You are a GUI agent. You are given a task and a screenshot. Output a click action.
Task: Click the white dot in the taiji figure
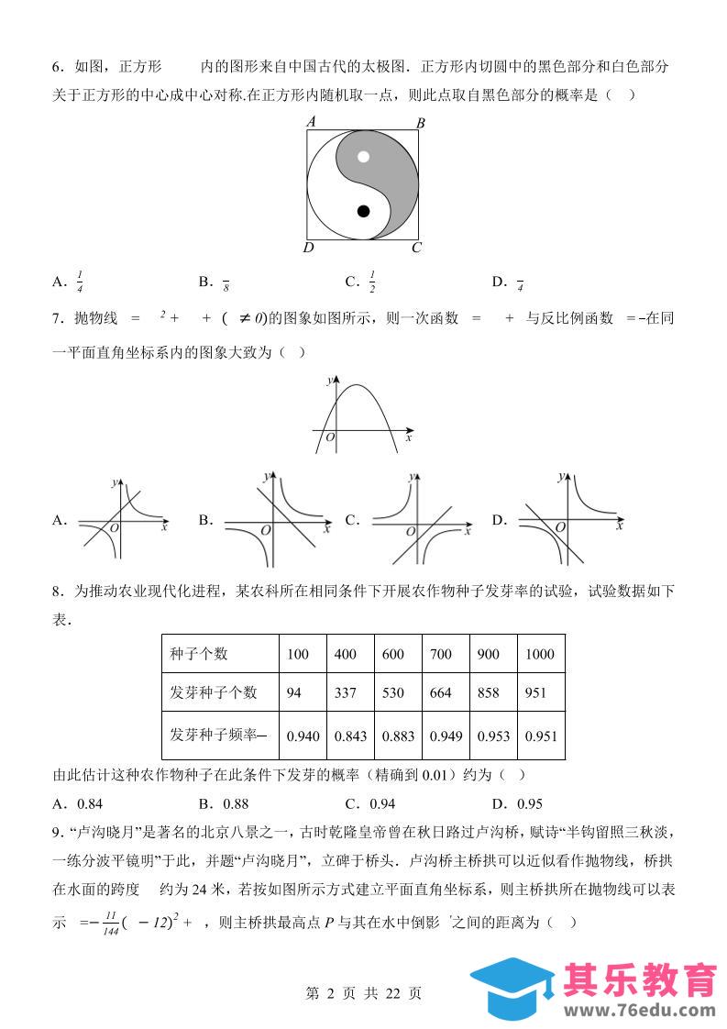363,156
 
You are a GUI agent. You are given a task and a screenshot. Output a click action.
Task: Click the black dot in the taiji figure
363,212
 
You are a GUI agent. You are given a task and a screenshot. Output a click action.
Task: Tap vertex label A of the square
311,121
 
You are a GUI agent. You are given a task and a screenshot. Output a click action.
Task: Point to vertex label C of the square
416,247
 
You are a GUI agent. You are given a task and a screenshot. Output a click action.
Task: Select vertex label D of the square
309,248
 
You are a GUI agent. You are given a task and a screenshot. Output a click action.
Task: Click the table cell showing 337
346,692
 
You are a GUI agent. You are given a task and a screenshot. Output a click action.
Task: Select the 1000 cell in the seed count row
540,654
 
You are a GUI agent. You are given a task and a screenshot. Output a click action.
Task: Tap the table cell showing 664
441,692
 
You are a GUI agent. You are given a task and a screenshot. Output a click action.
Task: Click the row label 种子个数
199,654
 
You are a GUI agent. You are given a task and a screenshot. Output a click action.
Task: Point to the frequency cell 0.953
491,736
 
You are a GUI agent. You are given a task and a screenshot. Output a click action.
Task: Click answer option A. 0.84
78,804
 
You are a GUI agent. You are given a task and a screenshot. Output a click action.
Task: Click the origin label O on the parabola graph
330,439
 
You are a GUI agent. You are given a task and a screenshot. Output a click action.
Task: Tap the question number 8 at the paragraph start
56,592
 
